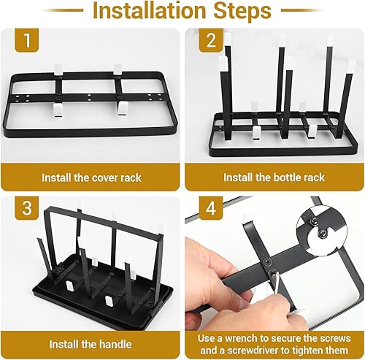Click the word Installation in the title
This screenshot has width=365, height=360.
coord(150,10)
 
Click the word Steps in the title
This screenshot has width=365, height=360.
coord(242,10)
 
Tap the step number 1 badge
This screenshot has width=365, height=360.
coord(27,40)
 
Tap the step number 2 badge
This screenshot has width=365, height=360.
coord(211,40)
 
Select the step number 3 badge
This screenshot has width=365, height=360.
coord(27,208)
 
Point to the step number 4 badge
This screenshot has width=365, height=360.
coord(211,208)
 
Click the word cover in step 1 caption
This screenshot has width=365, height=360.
coord(107,178)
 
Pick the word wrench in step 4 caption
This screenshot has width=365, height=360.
coord(241,339)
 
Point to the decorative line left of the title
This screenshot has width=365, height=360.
coord(62,10)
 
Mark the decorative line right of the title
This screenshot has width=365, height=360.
coord(303,10)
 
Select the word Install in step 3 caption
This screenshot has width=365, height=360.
coord(64,345)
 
